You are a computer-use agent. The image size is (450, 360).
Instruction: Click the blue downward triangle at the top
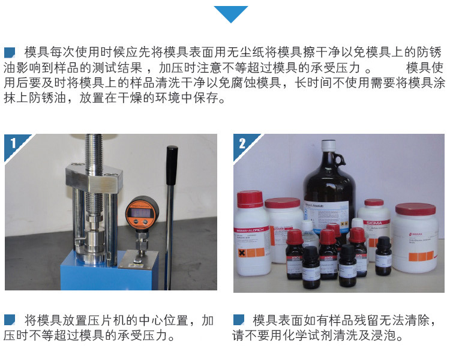[x=231, y=13]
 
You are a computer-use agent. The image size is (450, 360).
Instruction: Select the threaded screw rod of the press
[x=94, y=156]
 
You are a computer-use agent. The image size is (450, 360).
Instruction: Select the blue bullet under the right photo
[x=238, y=319]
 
